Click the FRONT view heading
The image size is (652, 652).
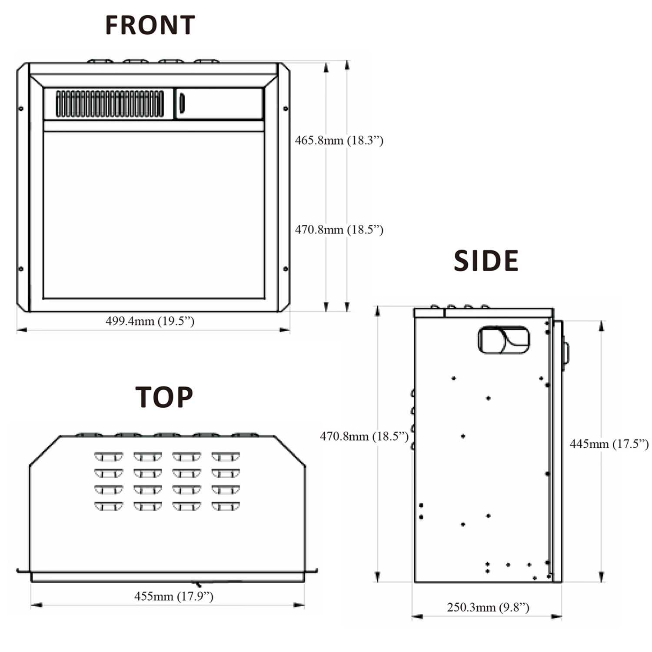point(150,25)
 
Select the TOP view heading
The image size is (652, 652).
point(164,397)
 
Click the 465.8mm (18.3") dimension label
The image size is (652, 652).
point(339,140)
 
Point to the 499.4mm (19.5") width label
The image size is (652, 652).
point(150,321)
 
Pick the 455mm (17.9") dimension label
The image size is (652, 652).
point(174,596)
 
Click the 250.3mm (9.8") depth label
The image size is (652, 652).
point(488,607)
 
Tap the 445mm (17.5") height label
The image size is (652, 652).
point(609,444)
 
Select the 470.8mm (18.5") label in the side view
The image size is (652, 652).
point(364,436)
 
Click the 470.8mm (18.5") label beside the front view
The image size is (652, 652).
point(339,230)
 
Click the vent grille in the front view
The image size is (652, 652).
point(110,104)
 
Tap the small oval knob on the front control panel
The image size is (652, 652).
point(182,103)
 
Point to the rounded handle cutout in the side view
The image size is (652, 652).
point(504,340)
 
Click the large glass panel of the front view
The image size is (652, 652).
point(154,215)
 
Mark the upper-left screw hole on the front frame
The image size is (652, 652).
point(21,109)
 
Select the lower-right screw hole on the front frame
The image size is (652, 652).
point(286,269)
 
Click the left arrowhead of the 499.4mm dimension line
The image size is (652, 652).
point(21,330)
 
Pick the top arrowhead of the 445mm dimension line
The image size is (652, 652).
point(602,326)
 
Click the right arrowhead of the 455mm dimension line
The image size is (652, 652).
point(299,605)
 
